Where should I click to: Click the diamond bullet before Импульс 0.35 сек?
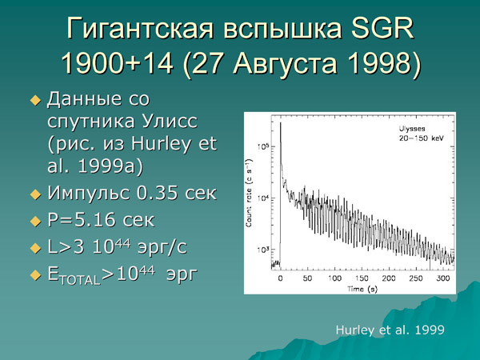click(34, 194)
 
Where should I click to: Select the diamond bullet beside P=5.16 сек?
click(34, 222)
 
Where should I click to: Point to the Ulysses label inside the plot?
click(415, 128)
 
